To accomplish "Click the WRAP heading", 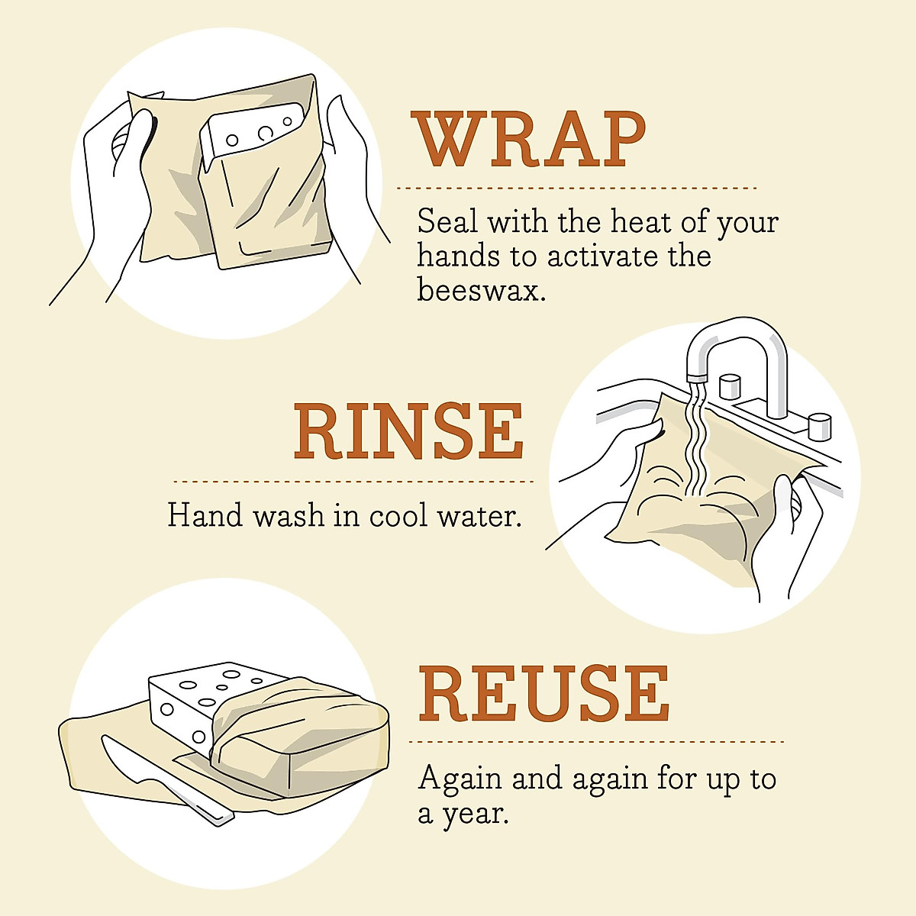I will [x=530, y=140].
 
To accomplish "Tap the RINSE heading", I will [x=408, y=432].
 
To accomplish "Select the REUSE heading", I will [x=543, y=694].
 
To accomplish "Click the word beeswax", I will [x=481, y=290].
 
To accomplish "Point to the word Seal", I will [x=447, y=222].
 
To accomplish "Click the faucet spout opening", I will [x=696, y=377].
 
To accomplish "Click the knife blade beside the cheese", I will [x=130, y=760].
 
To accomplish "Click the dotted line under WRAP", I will [x=576, y=187].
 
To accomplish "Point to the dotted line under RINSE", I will [x=353, y=482].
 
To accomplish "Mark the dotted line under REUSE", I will [x=596, y=741].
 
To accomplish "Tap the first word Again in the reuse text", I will [x=460, y=779].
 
